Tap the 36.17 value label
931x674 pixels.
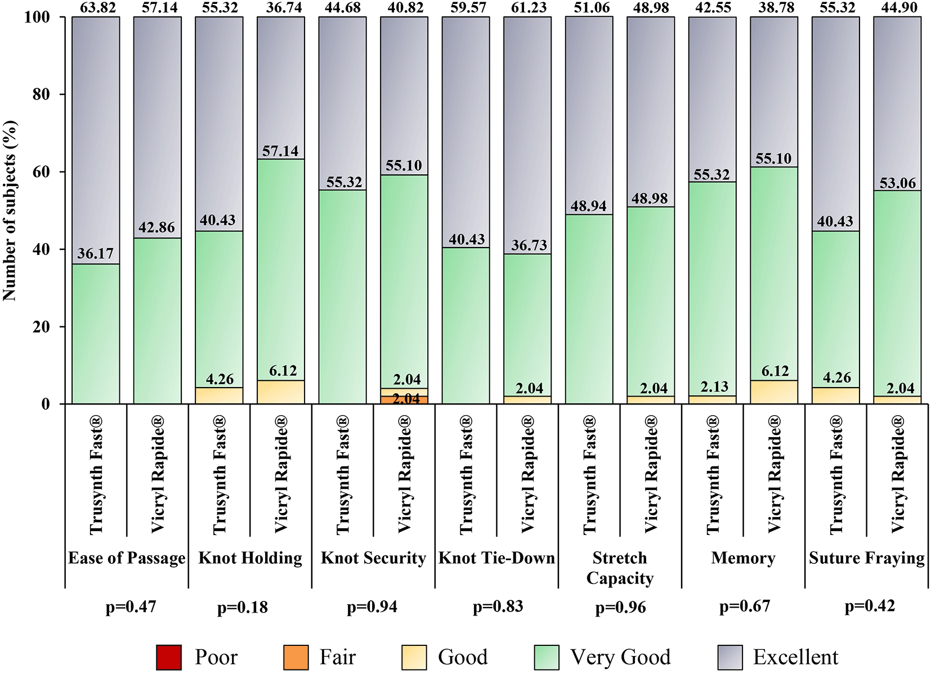95,254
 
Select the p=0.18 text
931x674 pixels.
242,608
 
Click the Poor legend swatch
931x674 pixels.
169,657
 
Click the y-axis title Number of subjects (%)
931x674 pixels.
10,210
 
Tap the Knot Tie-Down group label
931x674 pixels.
496,558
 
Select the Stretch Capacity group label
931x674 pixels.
620,568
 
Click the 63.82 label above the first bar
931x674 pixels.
95,7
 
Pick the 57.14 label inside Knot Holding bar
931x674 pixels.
280,151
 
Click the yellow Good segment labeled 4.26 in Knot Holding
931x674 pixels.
219,396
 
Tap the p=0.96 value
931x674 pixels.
620,608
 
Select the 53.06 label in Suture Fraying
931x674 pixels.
897,183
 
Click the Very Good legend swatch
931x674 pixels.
546,657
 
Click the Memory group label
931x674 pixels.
743,558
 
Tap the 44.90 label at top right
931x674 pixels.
897,7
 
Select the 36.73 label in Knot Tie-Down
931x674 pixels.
529,245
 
